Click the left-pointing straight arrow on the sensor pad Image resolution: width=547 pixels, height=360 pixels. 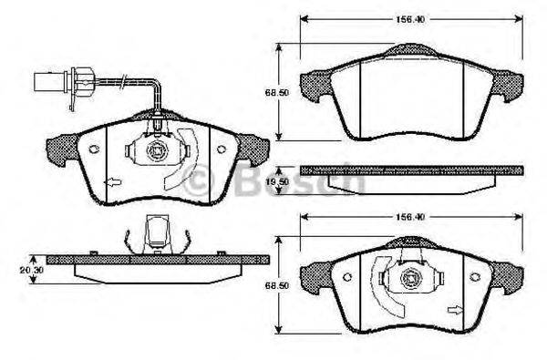pos(111,183)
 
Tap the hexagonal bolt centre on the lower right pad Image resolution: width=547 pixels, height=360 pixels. pos(410,273)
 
